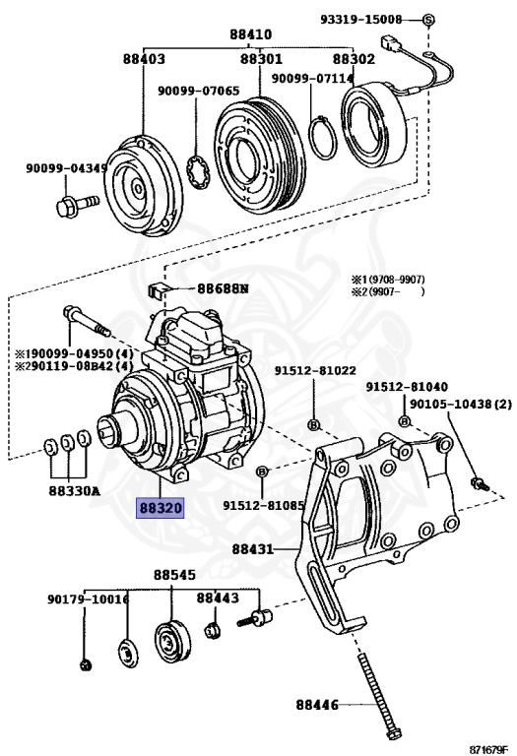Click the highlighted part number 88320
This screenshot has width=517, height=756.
161,508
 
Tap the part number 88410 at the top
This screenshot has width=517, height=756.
250,34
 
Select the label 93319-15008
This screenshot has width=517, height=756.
360,20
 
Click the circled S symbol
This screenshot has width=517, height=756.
428,20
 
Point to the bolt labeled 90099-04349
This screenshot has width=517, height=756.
77,205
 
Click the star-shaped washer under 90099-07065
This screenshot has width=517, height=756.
199,171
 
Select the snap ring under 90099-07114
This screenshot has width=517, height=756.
323,138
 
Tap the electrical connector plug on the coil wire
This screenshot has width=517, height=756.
391,43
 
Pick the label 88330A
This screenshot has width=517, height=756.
74,491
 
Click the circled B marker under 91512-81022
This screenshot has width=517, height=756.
313,425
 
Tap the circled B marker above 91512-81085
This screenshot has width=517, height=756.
262,472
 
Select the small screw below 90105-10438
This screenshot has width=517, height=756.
480,483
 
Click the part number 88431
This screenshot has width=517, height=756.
253,548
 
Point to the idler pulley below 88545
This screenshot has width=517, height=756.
172,642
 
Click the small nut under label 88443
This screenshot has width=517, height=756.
212,630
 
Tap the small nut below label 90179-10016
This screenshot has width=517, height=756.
86,665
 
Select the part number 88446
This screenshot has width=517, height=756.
317,705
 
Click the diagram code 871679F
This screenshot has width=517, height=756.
488,750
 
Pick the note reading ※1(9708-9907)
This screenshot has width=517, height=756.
388,280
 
